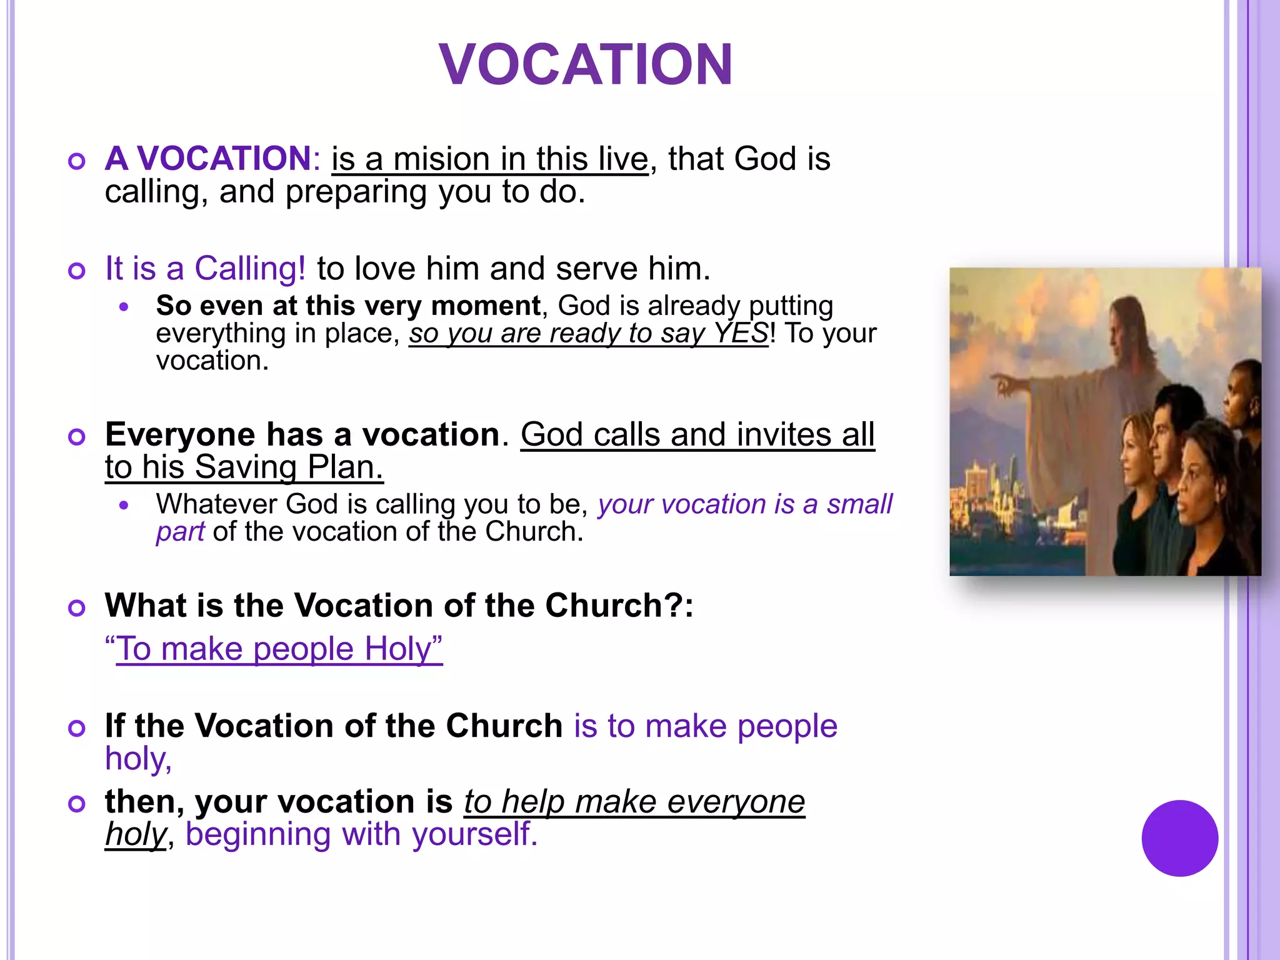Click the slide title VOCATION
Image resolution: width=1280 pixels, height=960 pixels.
(x=586, y=64)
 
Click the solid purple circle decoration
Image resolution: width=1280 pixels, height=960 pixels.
(x=1179, y=838)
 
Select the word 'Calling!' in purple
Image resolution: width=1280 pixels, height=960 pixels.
(x=250, y=269)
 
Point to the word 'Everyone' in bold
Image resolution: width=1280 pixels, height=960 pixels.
(x=180, y=434)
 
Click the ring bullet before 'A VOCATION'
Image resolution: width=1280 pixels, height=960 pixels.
(x=77, y=162)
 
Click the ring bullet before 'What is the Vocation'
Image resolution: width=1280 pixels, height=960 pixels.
(x=77, y=607)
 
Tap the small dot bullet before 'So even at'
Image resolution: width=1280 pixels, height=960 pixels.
(x=124, y=307)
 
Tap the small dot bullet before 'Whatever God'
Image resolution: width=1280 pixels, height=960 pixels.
(x=124, y=505)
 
